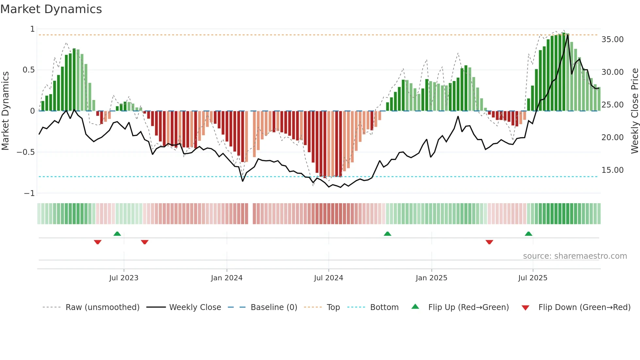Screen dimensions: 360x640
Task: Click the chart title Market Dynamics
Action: coord(51,9)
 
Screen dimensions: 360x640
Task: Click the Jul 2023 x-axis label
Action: coord(124,278)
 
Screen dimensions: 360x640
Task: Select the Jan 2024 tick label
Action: coord(227,278)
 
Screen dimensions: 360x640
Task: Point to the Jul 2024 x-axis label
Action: coord(328,278)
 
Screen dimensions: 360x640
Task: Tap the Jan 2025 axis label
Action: coord(431,278)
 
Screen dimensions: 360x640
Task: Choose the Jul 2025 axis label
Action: coord(533,278)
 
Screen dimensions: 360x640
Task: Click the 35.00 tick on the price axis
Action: coord(612,40)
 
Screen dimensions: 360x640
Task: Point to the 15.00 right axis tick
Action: coord(612,170)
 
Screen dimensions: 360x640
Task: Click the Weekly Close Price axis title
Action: coord(634,111)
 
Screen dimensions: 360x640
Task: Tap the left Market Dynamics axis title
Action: coord(5,111)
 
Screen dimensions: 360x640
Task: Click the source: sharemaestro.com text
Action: coord(575,256)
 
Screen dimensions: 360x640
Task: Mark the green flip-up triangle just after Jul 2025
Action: coord(528,234)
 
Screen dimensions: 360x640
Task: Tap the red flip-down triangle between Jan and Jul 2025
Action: coord(489,242)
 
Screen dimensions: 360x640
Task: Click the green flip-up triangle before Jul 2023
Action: coord(117,234)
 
